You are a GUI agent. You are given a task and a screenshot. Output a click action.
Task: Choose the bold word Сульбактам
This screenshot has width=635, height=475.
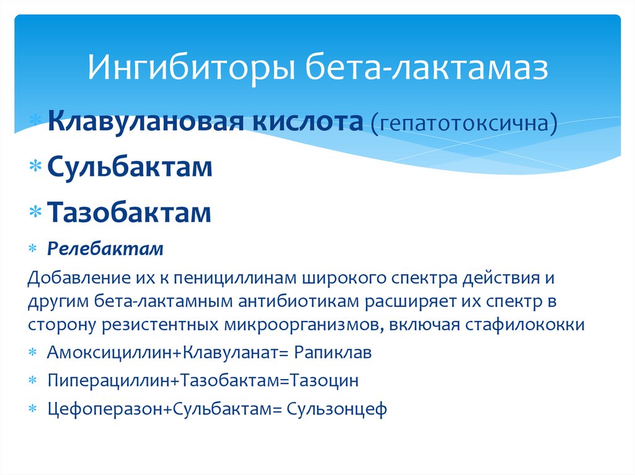coord(130,167)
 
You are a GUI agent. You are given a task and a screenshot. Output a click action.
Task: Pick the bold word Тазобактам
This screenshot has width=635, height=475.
coord(130,212)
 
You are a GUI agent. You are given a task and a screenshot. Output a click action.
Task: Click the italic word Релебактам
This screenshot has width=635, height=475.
coord(105,250)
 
